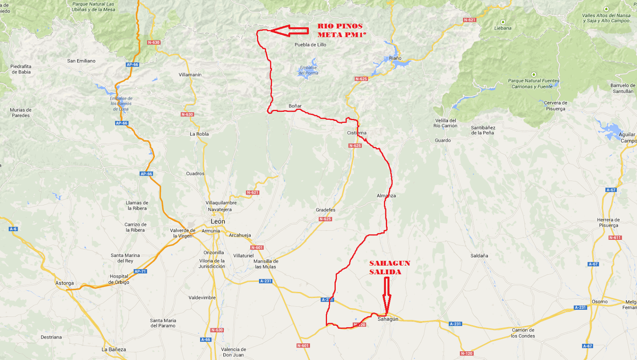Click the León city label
[218, 222]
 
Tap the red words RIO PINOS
[340, 26]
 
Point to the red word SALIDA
[385, 272]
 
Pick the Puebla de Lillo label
[310, 45]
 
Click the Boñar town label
[295, 106]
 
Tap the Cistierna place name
[356, 133]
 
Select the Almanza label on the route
[386, 196]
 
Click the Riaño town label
[395, 58]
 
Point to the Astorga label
[65, 283]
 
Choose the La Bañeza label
[114, 349]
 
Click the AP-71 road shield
[140, 271]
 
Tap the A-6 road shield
[13, 229]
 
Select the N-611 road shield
[615, 238]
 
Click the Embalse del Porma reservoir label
[308, 70]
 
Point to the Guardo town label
[443, 140]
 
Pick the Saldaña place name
[479, 256]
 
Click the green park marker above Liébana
[503, 22]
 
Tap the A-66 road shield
[206, 340]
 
